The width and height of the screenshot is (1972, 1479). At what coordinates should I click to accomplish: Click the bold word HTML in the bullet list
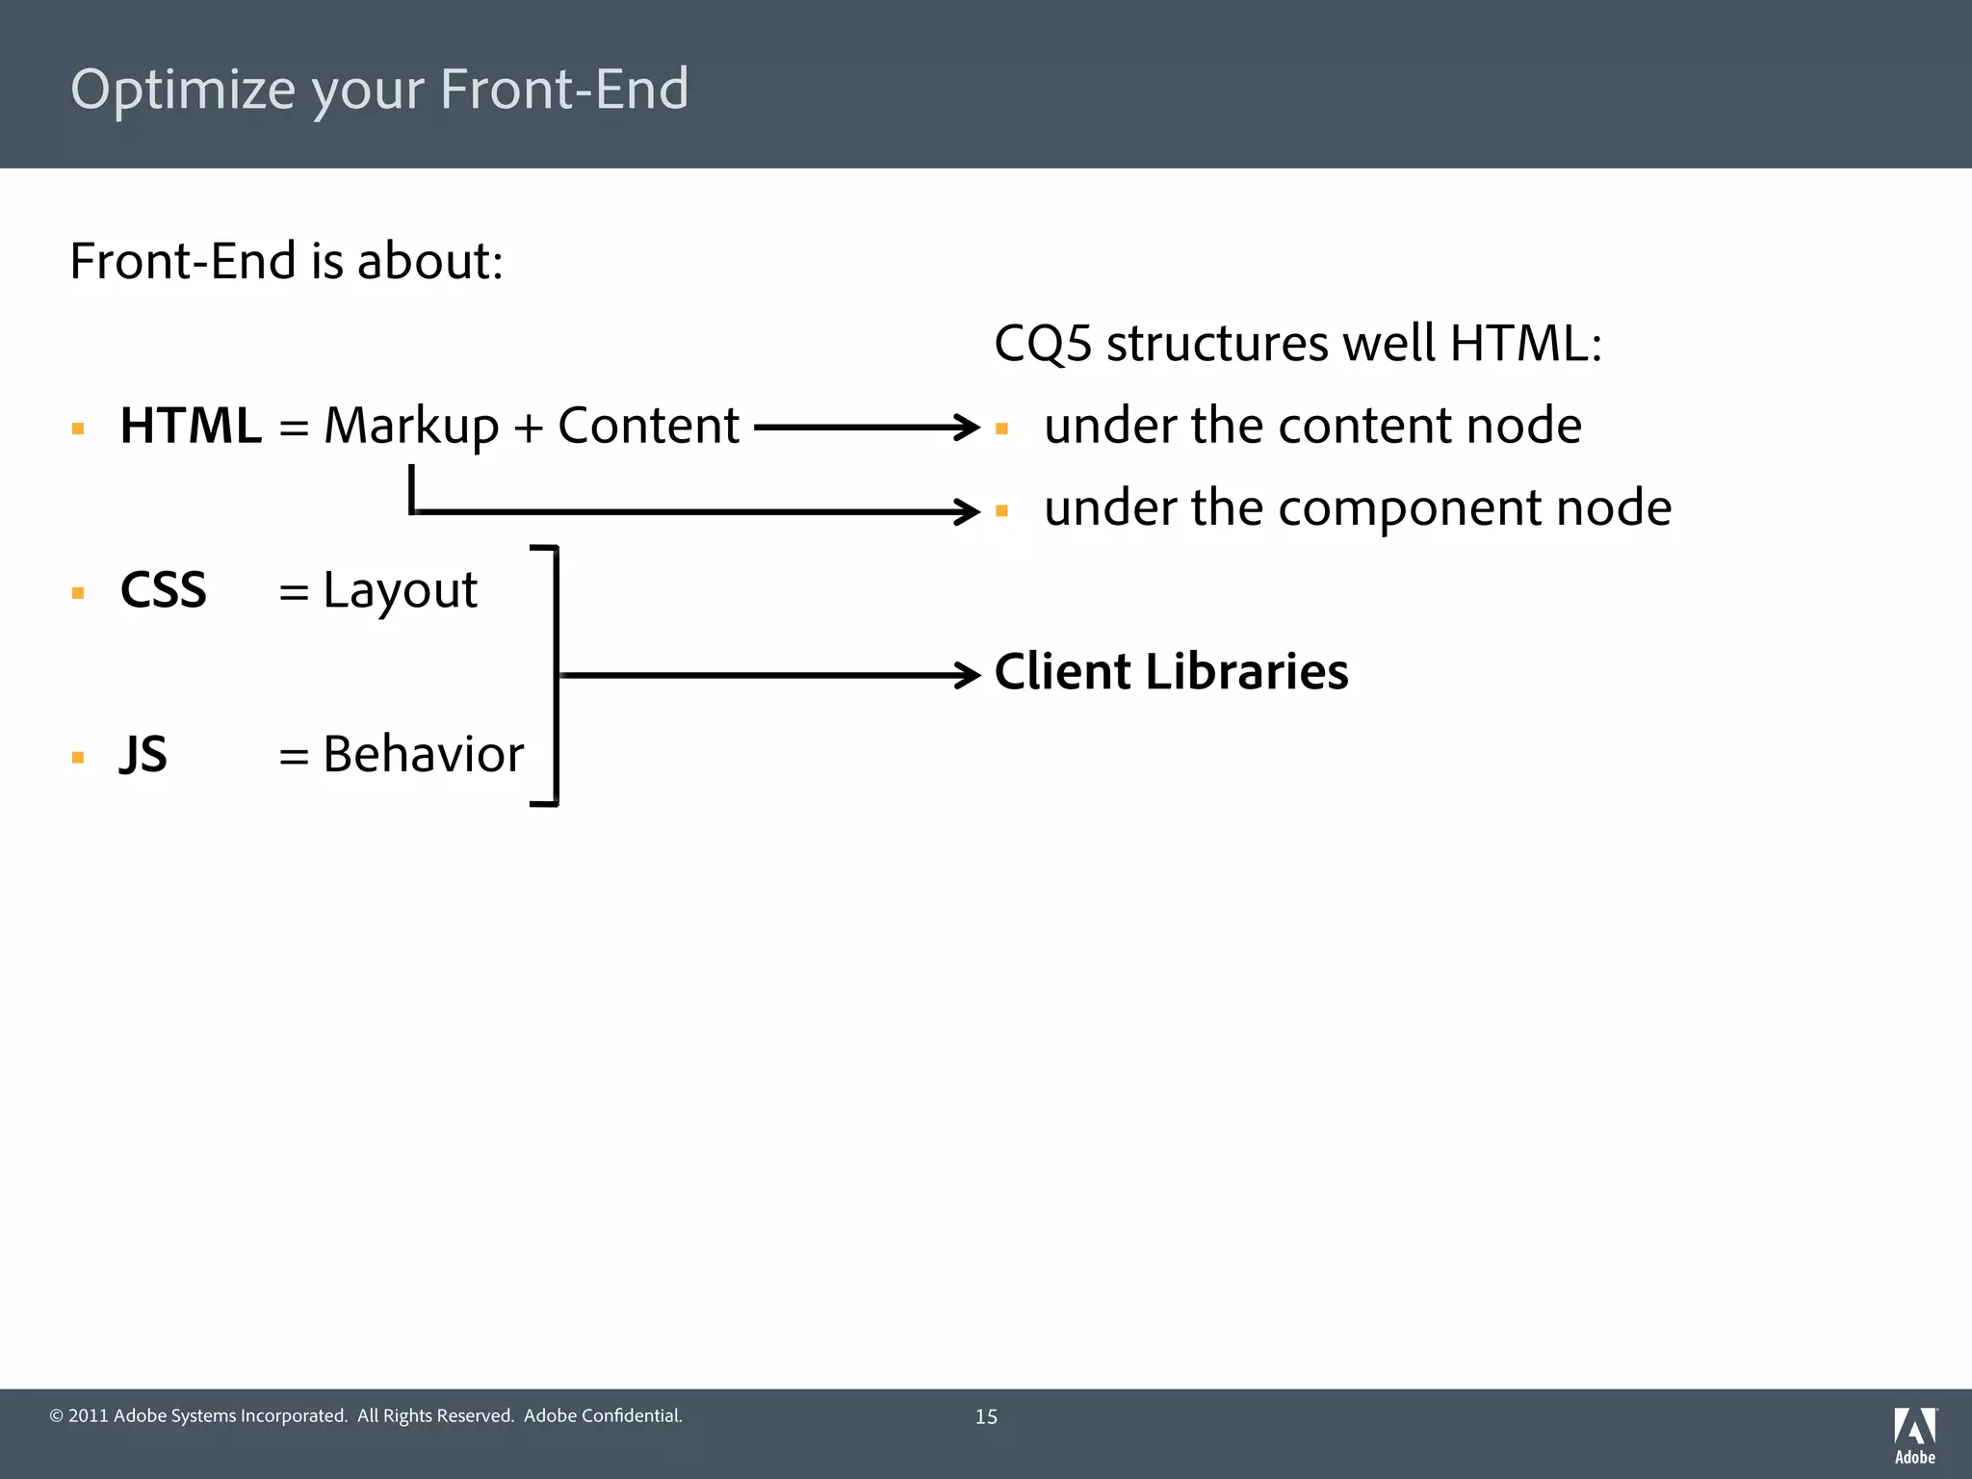pos(190,426)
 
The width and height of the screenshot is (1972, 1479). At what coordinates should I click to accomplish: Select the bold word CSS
pos(163,589)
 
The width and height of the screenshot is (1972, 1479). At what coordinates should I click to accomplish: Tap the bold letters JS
pos(143,754)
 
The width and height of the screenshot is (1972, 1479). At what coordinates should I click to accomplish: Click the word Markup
pos(411,428)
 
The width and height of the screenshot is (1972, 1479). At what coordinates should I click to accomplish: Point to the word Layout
pos(400,591)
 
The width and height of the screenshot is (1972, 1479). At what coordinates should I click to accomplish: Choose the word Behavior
pos(423,754)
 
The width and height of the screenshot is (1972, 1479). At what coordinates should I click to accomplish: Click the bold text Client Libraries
pos(1171,672)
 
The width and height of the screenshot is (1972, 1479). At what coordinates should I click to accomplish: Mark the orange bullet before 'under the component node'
pos(1001,511)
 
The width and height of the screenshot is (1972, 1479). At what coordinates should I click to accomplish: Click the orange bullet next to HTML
pos(78,429)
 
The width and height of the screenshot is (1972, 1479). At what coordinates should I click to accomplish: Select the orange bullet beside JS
pos(78,758)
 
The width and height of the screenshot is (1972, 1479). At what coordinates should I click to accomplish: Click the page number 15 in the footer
pos(986,1416)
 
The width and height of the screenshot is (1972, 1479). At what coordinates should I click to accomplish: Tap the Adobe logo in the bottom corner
pos(1914,1434)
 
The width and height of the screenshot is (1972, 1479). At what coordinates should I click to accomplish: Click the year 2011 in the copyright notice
pos(88,1415)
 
